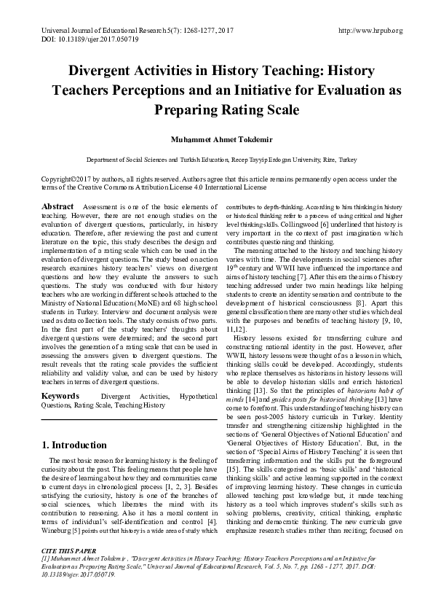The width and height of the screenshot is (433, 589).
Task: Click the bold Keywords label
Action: pyautogui.click(x=60, y=396)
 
